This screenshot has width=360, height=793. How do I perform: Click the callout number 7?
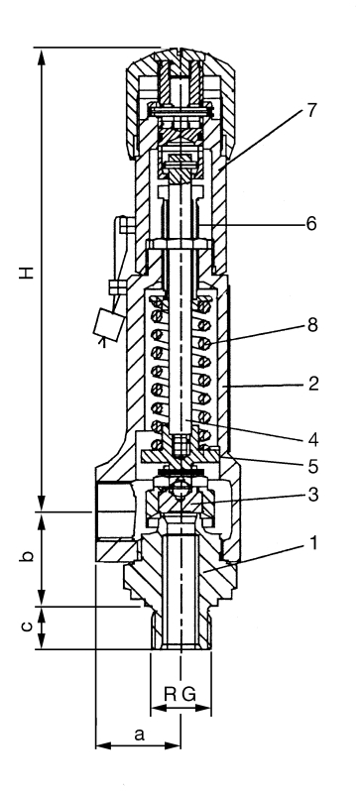coord(311,111)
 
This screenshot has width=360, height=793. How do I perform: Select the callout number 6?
coord(311,223)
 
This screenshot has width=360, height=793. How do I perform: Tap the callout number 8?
coord(312,325)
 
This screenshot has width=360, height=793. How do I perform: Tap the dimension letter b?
coord(28,555)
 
